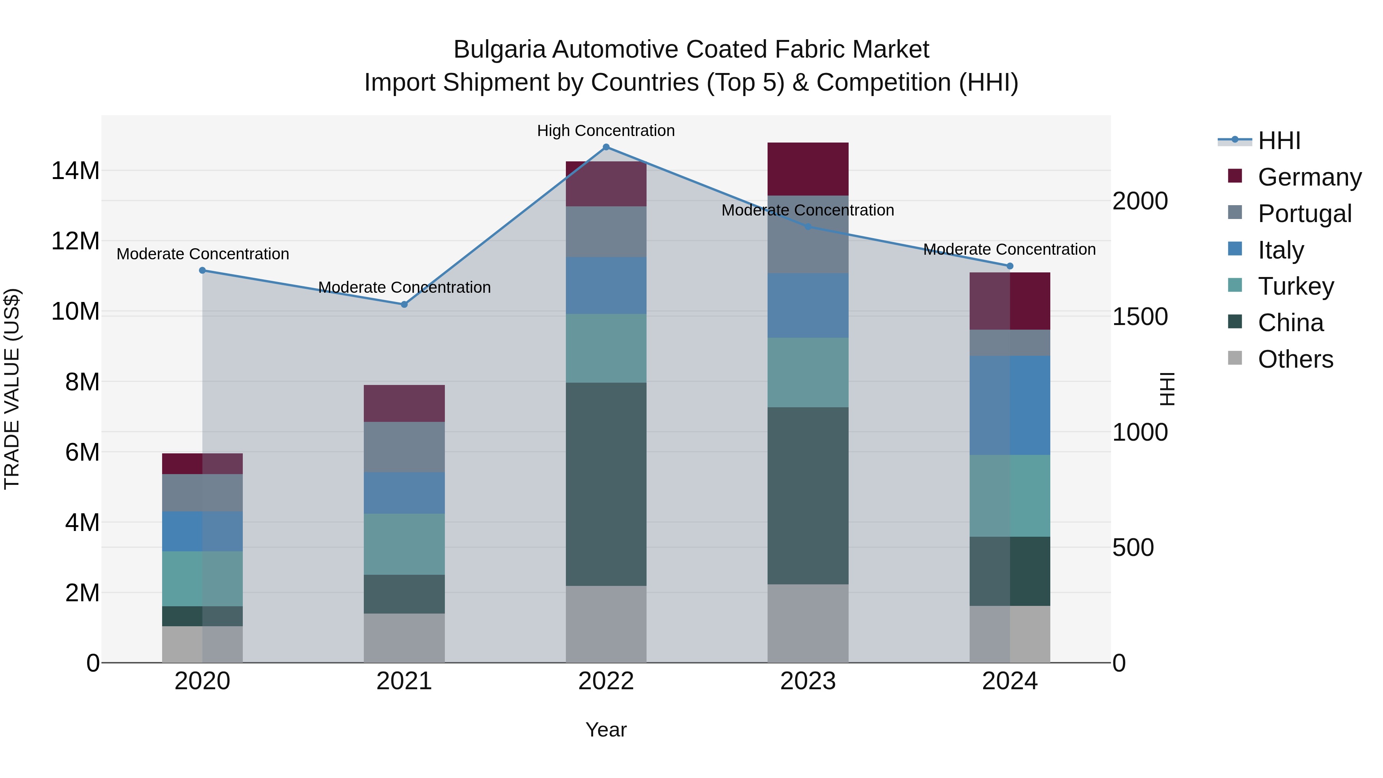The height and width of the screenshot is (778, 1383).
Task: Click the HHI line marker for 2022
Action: point(606,147)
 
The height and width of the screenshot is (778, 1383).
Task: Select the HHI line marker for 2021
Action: point(404,304)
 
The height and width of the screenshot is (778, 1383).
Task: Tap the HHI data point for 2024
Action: point(1010,266)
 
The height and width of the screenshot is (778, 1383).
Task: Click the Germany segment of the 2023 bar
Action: point(808,169)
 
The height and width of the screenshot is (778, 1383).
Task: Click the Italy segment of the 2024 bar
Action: point(1010,405)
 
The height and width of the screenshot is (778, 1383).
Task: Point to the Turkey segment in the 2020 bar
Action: point(202,579)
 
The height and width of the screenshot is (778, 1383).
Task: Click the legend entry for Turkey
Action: point(1295,287)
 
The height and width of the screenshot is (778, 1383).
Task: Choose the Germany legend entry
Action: point(1309,177)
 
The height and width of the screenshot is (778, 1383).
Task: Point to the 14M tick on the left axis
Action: point(75,171)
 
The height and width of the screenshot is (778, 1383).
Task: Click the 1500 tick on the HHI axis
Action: point(1140,317)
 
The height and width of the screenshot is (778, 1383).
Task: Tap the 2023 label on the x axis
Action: point(808,681)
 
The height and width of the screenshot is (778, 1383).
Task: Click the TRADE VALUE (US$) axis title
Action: point(12,389)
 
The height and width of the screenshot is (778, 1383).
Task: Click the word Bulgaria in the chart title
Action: point(499,50)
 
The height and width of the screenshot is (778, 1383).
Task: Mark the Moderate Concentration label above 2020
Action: point(202,254)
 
